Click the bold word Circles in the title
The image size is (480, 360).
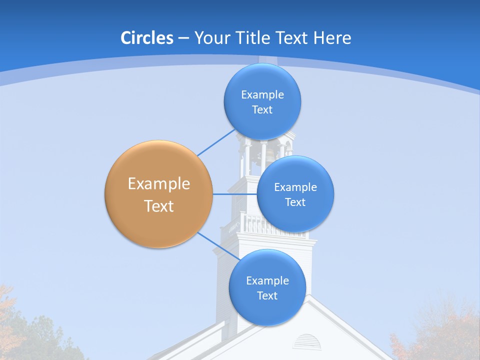pos(147,38)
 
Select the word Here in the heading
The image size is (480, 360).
pos(332,38)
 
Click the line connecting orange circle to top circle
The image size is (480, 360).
pos(216,142)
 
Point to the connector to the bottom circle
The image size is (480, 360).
pos(219,246)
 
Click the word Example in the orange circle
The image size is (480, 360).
pos(158,184)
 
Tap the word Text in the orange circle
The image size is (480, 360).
pos(158,206)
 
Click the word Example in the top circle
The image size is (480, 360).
pos(262,94)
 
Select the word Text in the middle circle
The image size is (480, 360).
pos(295,202)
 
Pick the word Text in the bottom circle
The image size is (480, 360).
pos(267,296)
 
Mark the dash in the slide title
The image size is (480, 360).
pos(183,38)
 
